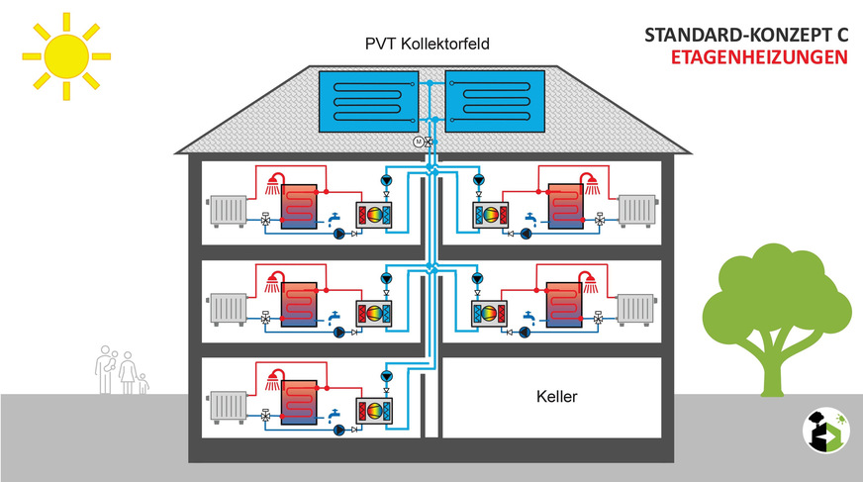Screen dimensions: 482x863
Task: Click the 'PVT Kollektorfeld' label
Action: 427,46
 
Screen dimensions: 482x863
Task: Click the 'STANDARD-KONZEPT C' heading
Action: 746,35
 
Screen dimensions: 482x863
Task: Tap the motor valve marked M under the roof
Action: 418,143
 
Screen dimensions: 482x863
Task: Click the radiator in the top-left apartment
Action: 227,211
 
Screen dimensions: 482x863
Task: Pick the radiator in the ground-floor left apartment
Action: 227,407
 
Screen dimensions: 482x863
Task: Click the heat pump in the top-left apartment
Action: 374,215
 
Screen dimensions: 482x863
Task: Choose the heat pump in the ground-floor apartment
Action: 374,411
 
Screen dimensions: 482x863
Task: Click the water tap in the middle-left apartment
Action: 334,317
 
